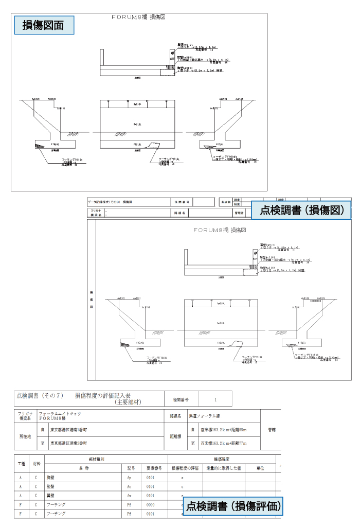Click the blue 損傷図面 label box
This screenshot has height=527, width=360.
click(43, 25)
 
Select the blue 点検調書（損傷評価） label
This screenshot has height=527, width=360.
click(233, 506)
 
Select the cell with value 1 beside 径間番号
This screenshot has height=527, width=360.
click(215, 399)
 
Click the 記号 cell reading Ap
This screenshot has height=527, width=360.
click(130, 478)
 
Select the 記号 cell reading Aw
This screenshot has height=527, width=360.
click(130, 496)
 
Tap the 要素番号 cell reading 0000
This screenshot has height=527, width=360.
click(151, 505)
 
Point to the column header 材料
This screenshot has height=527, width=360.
click(36, 464)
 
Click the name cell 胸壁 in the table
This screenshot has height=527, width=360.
click(50, 478)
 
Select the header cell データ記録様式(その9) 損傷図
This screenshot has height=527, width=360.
click(111, 202)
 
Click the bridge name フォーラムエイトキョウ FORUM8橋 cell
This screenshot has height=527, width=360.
click(59, 416)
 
